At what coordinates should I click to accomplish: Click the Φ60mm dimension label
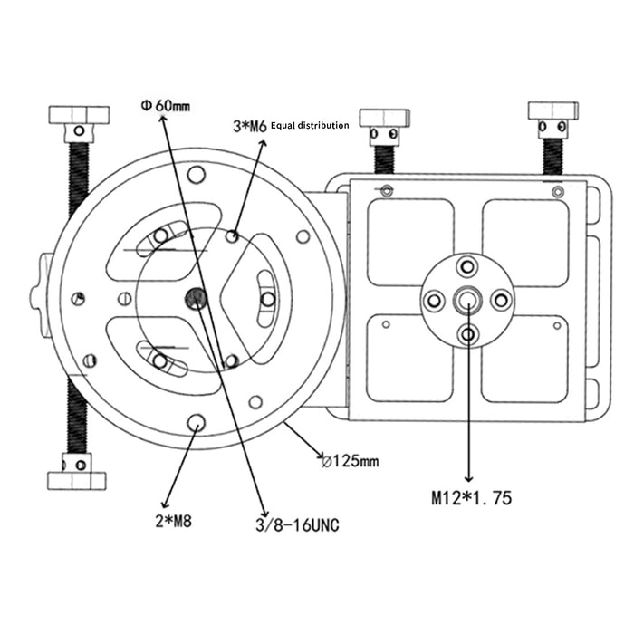tap(165, 105)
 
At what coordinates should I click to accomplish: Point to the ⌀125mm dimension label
tap(350, 461)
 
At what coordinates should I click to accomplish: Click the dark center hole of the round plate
tap(196, 299)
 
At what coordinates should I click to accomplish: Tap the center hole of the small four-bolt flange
tap(467, 300)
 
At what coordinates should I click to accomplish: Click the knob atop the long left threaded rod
tap(79, 116)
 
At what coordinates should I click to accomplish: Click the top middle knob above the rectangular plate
tap(384, 119)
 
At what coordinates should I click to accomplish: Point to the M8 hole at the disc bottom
tap(197, 422)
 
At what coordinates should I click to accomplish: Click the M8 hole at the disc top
tap(197, 175)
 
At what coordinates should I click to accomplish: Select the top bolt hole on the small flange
tap(467, 266)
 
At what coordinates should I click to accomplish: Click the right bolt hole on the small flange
tap(501, 300)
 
